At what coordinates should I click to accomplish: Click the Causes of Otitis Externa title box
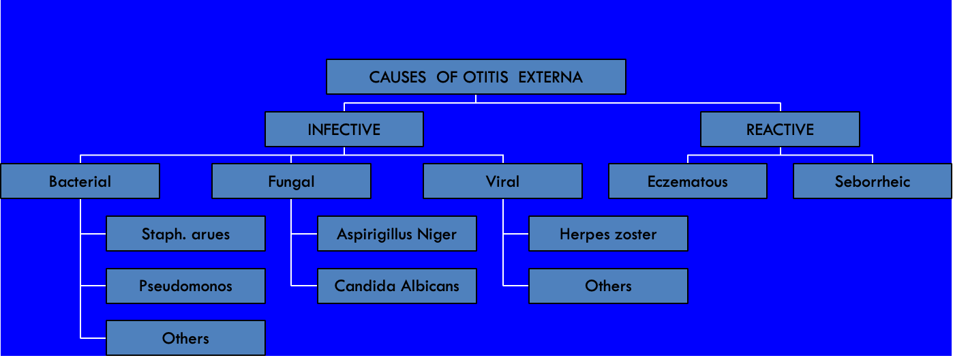pos(476,76)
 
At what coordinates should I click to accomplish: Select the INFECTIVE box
pos(344,129)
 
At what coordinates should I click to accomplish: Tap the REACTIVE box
pos(780,129)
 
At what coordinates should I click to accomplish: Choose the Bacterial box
pos(80,181)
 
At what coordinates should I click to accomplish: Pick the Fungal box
pos(292,181)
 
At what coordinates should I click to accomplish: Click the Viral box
pos(502,181)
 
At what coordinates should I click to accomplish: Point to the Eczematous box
pos(688,181)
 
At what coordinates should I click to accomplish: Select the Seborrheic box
pos(872,181)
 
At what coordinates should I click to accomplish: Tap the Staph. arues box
pos(185,234)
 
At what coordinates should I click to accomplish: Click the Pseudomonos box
pos(185,286)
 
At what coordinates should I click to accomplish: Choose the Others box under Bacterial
pos(185,338)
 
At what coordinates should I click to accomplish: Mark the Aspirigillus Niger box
pos(397,234)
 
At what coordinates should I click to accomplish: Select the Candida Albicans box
pos(397,286)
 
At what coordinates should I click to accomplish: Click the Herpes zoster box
pos(608,234)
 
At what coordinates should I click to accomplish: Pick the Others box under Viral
pos(608,286)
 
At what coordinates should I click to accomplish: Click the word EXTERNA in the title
pos(550,77)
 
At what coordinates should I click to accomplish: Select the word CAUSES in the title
pos(397,77)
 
